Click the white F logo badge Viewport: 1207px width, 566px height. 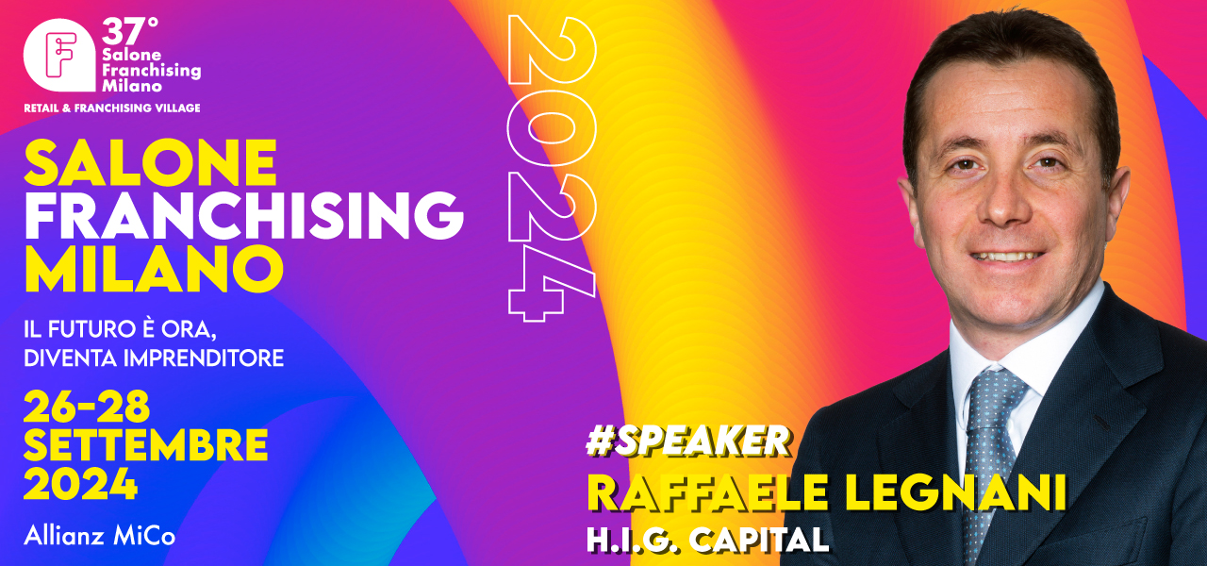(x=59, y=55)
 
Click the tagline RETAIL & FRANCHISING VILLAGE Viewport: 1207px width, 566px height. (x=112, y=108)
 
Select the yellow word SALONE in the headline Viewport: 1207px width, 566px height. (x=150, y=162)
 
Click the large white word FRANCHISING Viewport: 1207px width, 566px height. (x=244, y=215)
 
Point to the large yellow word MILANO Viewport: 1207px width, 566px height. (x=154, y=269)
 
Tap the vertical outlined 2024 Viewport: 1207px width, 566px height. (x=552, y=168)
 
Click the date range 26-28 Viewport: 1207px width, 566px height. (x=86, y=407)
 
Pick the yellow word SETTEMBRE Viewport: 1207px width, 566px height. (x=145, y=444)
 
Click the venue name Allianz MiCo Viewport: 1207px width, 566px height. (x=100, y=537)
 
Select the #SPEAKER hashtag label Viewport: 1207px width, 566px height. (x=688, y=441)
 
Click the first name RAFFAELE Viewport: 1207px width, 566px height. (x=707, y=492)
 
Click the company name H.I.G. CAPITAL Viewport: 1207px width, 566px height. (x=708, y=539)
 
